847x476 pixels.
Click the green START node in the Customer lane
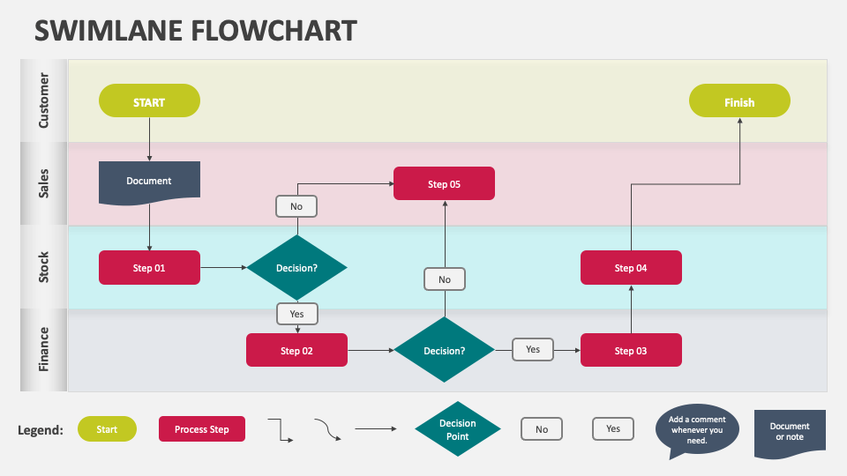coord(149,101)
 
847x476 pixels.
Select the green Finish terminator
coord(738,101)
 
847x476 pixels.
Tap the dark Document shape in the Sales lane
coord(149,180)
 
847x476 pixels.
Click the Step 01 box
coord(149,267)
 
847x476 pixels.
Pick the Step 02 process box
coord(296,350)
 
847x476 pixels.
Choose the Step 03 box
coord(630,350)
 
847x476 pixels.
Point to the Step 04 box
coord(630,267)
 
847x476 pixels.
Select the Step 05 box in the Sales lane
coord(444,183)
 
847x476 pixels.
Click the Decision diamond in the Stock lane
coord(296,267)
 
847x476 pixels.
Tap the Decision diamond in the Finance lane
coord(444,350)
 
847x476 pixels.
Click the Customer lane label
coord(44,100)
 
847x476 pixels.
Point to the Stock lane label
coord(44,267)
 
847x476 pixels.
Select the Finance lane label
coord(44,349)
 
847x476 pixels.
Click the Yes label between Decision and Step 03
coord(533,349)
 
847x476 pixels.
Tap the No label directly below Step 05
coord(444,279)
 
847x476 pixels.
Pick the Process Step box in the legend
coord(202,429)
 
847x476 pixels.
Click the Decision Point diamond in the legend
coord(457,429)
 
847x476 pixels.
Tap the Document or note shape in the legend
coord(789,432)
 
